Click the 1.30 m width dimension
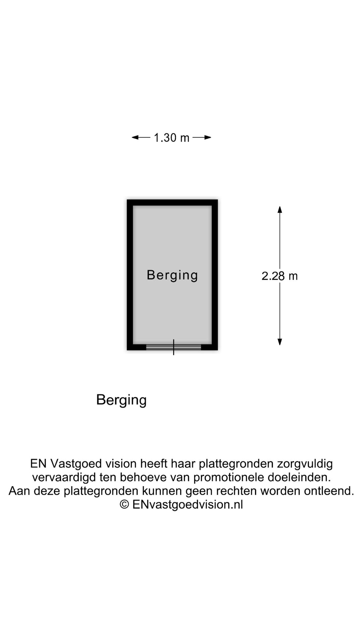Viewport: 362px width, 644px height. pyautogui.click(x=171, y=138)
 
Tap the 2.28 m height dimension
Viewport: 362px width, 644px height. pyautogui.click(x=280, y=276)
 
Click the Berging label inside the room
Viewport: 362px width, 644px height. pyautogui.click(x=172, y=275)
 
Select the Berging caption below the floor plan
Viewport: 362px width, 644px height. pyautogui.click(x=121, y=400)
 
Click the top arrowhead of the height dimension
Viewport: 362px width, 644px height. pyautogui.click(x=280, y=209)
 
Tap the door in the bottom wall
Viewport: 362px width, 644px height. pyautogui.click(x=173, y=347)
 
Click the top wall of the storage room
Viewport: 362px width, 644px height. pyautogui.click(x=172, y=203)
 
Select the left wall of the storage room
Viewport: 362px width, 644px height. pyautogui.click(x=130, y=275)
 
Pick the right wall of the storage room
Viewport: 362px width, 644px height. pyautogui.click(x=215, y=275)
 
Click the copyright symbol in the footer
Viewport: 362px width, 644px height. pyautogui.click(x=124, y=504)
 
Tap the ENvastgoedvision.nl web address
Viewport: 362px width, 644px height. pyautogui.click(x=188, y=504)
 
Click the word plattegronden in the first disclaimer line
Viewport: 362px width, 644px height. pyautogui.click(x=236, y=464)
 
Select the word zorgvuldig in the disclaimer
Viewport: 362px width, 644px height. pyautogui.click(x=305, y=464)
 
